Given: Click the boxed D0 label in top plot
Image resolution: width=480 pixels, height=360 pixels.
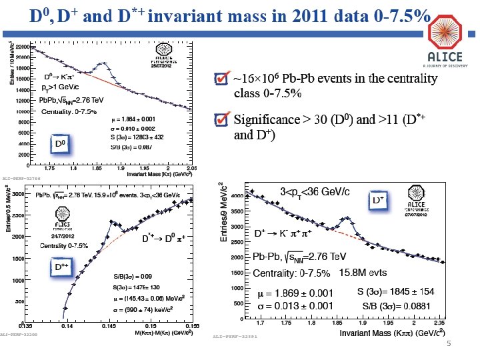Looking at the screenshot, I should [x=60, y=143].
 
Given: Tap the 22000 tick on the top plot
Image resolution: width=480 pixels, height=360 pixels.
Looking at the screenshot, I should [x=23, y=47].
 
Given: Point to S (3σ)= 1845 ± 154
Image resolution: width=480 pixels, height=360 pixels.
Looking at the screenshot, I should [x=396, y=293].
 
